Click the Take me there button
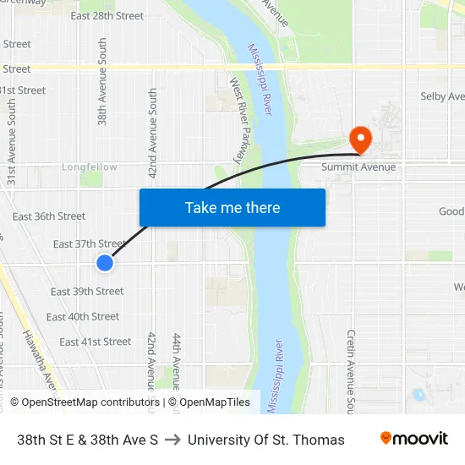coord(232,207)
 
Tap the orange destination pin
coord(359,139)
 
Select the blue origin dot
coord(105,263)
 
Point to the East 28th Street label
coord(107,16)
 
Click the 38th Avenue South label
coord(103,81)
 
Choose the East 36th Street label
coord(49,217)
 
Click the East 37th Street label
coord(90,244)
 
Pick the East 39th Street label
coord(87,292)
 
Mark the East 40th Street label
coord(83,317)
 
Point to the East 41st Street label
coord(95,342)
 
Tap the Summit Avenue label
coord(358,167)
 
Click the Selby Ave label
coord(442,97)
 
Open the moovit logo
coord(413,439)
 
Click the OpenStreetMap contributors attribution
coord(85,402)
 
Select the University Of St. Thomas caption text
coord(266,440)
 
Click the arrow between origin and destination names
coord(172,440)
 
